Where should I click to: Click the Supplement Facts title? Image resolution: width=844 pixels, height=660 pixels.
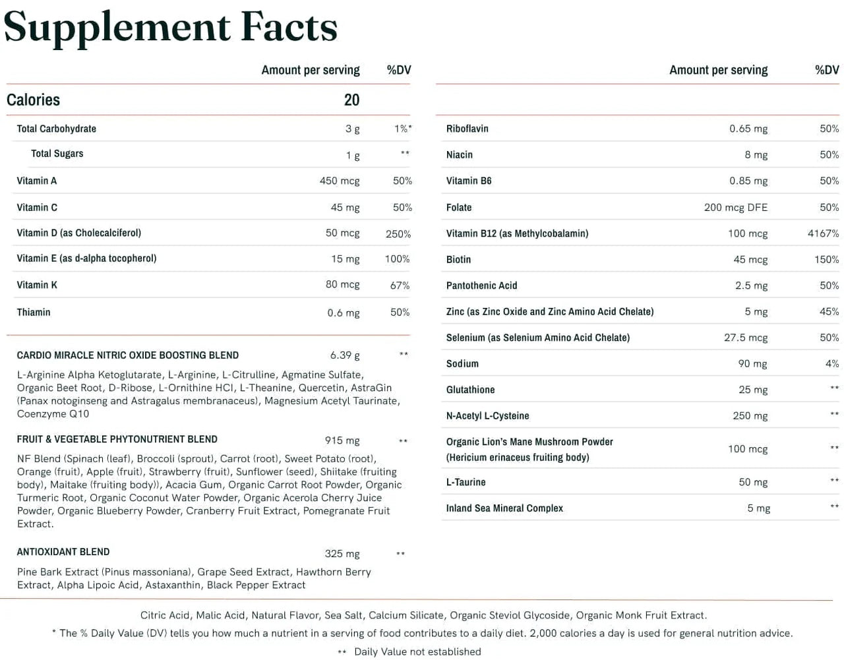[170, 28]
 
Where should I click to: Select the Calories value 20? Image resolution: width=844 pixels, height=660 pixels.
[351, 100]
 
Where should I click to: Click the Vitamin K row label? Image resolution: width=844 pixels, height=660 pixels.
[37, 285]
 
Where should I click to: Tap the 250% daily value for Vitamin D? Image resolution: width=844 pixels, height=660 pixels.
[398, 234]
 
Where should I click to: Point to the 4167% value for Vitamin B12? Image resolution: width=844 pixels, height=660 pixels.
[823, 233]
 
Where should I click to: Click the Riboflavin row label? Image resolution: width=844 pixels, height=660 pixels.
[467, 129]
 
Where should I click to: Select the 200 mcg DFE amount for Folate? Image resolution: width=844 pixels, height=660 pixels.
[735, 207]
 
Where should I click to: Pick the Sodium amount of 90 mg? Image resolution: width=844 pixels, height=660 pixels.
[752, 363]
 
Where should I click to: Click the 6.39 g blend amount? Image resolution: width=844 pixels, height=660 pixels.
[345, 355]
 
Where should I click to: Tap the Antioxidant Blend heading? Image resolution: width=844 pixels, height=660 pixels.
[63, 552]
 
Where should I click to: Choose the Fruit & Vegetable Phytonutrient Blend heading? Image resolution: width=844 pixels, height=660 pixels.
[117, 439]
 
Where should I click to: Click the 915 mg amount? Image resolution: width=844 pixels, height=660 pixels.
[342, 440]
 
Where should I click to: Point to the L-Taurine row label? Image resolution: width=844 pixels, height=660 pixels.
[466, 482]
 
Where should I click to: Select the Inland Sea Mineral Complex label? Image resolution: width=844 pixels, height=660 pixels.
[504, 508]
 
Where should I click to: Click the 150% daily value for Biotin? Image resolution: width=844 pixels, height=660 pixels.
[826, 260]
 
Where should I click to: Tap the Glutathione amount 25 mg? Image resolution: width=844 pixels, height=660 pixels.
[753, 390]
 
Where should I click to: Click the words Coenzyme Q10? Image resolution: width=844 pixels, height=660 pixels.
[53, 414]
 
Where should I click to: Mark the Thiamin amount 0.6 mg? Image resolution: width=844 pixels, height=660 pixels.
[343, 313]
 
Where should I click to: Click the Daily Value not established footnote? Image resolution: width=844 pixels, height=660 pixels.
[417, 651]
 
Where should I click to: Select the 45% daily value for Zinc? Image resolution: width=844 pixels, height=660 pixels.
[829, 312]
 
